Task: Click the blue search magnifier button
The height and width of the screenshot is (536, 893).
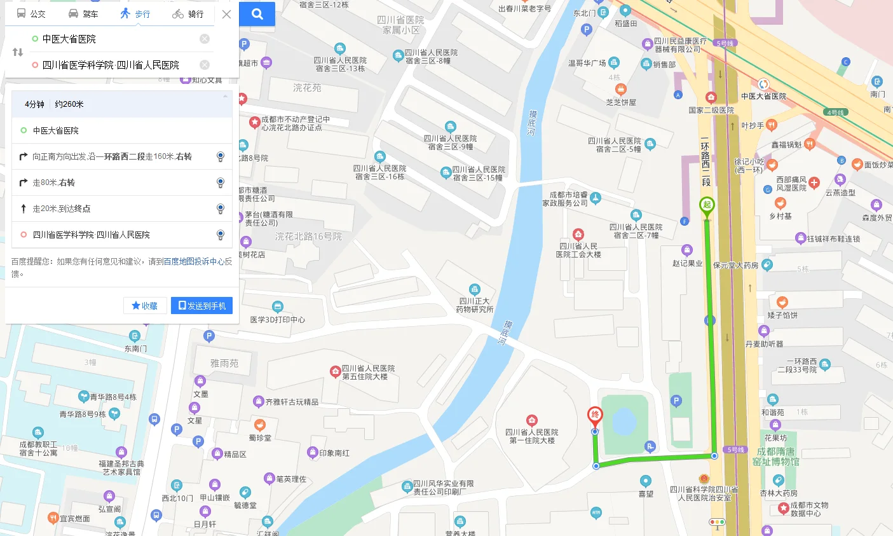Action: coord(257,14)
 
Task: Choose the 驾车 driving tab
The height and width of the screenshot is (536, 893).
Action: coord(83,13)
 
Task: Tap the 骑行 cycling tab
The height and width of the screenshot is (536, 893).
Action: coord(188,13)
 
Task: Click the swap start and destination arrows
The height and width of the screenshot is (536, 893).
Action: coord(18,52)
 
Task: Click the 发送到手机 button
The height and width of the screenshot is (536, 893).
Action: coord(201,306)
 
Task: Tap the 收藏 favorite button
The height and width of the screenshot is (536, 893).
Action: coord(145,306)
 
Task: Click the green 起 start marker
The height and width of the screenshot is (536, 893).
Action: coord(707,206)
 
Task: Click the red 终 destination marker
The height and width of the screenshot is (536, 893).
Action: coord(595,416)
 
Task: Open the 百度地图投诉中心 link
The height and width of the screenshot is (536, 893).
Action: coord(193,261)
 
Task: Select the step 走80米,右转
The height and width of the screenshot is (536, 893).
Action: coord(53,182)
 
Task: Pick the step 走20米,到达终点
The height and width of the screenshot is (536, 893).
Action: coord(61,209)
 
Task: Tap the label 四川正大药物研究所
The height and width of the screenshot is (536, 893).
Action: coord(474,305)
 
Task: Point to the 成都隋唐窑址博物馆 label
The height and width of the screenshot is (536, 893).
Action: coord(776,457)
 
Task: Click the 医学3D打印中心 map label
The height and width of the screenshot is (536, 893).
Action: coord(277,319)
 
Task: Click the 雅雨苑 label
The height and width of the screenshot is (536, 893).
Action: coord(224,363)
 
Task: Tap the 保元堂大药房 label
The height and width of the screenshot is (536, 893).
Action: coord(735,265)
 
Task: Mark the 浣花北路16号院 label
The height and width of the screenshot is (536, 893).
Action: coord(308,237)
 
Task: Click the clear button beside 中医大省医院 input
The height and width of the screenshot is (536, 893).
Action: coord(205,39)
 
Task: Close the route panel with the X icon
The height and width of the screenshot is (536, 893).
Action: coord(226,14)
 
